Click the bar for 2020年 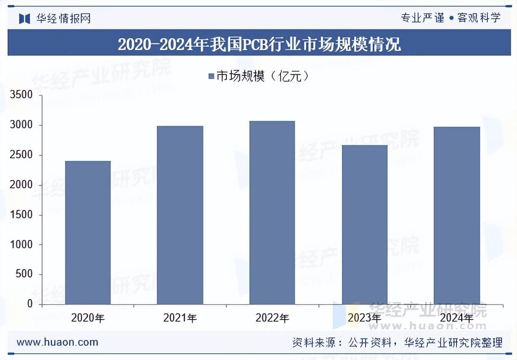coord(88,232)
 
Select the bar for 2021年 coord(180,215)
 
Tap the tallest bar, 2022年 coord(272,212)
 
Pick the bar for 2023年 coord(364,225)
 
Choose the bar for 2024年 coord(457,215)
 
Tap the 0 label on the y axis coord(30,304)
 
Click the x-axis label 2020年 coord(88,318)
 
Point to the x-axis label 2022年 coord(272,318)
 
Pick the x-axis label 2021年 coord(180,318)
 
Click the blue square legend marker coord(211,76)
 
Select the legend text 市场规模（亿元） coord(263,76)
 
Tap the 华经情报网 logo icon coord(25,18)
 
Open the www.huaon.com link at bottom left coord(58,342)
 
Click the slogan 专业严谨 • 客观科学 coord(450,18)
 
